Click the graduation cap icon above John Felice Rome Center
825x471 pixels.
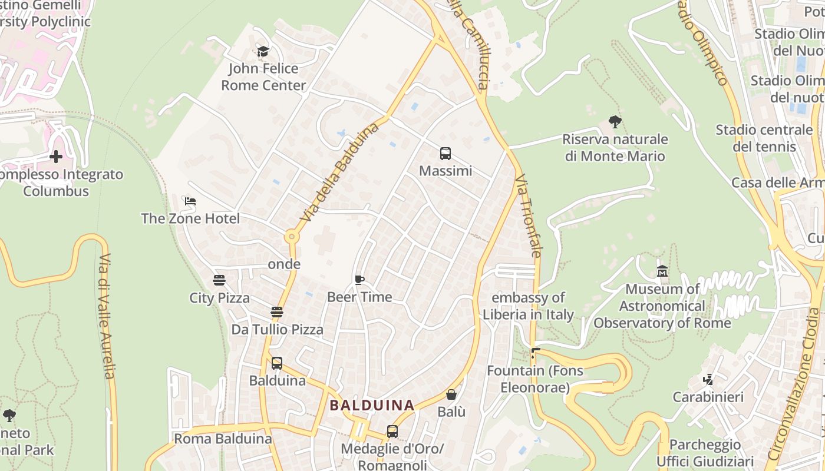pos(263,52)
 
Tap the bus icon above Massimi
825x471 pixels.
pos(445,154)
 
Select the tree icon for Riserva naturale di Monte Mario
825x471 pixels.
pos(615,122)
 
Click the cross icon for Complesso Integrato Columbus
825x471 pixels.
pos(56,157)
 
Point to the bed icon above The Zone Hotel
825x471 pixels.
pos(190,201)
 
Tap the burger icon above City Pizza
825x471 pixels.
pos(219,280)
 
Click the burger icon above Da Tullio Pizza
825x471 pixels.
pos(277,312)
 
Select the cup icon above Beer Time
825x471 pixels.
pos(359,280)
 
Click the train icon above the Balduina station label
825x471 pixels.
pos(277,363)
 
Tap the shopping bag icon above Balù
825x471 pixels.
pos(451,394)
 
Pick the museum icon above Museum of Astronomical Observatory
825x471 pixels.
pos(662,271)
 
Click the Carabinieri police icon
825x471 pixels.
pos(708,380)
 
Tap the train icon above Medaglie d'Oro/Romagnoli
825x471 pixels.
pos(392,432)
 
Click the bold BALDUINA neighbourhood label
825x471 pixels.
pos(372,405)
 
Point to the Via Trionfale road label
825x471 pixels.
pos(528,215)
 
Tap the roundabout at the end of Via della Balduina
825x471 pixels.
pos(292,237)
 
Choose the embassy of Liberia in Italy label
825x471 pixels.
pos(528,306)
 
